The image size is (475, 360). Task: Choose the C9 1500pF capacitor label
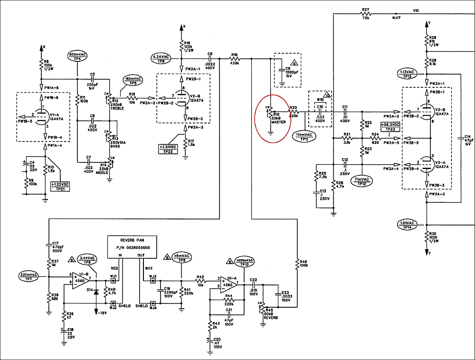(288, 71)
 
